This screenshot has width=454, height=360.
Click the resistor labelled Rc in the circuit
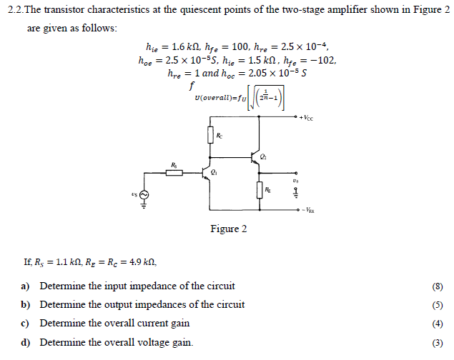pyautogui.click(x=210, y=135)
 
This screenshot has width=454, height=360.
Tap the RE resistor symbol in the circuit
pyautogui.click(x=259, y=190)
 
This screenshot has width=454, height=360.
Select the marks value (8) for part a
pyautogui.click(x=438, y=287)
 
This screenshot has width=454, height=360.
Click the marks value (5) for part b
pyautogui.click(x=438, y=305)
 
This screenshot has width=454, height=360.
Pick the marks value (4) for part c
pyautogui.click(x=438, y=324)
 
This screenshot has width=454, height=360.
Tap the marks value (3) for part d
pyautogui.click(x=438, y=342)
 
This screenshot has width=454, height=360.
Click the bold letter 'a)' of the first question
pyautogui.click(x=25, y=286)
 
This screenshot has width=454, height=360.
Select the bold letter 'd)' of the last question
pyautogui.click(x=25, y=342)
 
